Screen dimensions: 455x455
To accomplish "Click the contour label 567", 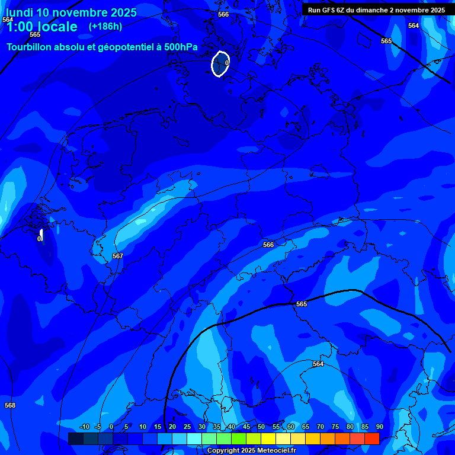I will point(117,256).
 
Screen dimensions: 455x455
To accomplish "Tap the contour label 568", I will point(10,405).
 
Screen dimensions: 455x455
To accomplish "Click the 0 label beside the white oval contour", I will point(227,63).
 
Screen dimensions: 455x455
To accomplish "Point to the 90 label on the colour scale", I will point(379,427).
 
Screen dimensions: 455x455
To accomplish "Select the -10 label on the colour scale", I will point(84,427).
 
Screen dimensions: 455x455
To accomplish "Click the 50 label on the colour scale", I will point(261,427).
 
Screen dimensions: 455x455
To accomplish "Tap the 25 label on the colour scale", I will point(187,427).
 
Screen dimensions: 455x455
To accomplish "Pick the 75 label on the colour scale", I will point(335,427).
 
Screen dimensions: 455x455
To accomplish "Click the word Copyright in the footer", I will point(223,450).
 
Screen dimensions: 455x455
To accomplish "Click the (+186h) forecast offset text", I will point(105,26).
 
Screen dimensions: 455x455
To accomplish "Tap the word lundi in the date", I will point(19,12).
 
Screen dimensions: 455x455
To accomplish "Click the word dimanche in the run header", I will point(372,10).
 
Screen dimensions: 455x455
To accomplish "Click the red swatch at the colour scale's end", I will point(371,438).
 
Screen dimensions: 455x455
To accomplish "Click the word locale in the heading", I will point(59,27).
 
